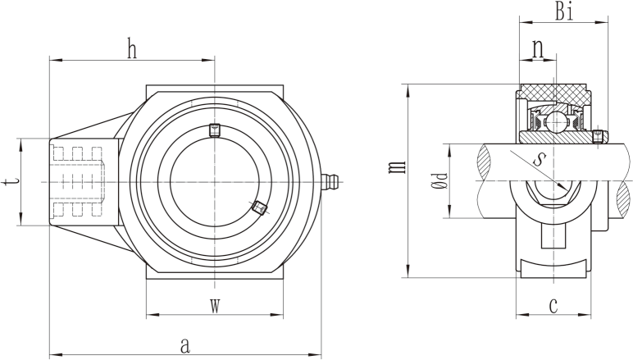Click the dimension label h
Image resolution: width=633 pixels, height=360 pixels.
[132, 48]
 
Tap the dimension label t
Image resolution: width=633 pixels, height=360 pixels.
[10, 181]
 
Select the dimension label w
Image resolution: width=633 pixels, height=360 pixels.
[215, 306]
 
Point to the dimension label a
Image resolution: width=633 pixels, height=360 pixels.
[184, 345]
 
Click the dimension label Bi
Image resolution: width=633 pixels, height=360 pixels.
[564, 11]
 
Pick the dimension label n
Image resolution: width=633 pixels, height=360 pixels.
[538, 49]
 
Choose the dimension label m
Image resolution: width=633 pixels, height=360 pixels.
[396, 166]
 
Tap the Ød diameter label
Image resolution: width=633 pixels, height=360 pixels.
[439, 181]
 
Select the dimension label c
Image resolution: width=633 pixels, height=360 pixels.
[553, 305]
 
